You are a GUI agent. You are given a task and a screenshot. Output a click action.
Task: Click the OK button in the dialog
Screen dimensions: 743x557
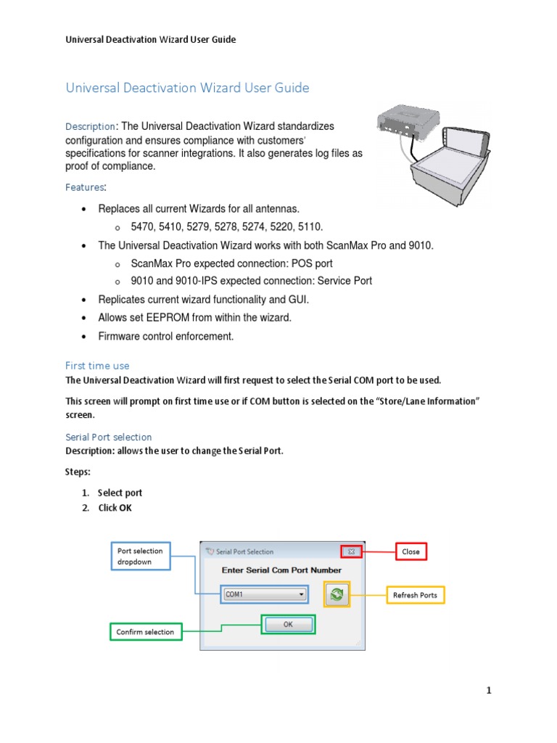[x=288, y=624]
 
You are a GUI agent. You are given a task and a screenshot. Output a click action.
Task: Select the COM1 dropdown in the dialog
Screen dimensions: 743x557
[x=265, y=594]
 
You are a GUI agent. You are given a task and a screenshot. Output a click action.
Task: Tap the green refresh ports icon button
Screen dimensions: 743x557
[x=337, y=594]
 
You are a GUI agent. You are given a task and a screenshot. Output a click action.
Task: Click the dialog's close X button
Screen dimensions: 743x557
[x=351, y=551]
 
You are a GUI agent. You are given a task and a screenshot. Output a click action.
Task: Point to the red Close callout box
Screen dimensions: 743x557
[x=410, y=551]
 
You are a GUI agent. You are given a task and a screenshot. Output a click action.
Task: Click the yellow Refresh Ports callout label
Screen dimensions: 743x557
[x=415, y=595]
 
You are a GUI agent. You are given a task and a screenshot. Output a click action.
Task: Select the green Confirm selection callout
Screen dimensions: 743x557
[x=145, y=632]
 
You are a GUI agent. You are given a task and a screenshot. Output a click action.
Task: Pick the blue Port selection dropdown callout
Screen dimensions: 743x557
[x=141, y=557]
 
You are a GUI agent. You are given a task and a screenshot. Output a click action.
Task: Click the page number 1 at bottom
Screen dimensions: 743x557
[x=489, y=691]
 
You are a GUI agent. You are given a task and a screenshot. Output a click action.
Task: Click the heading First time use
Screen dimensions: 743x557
[x=97, y=366]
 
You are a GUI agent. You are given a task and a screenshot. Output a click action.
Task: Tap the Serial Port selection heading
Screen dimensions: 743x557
[x=108, y=437]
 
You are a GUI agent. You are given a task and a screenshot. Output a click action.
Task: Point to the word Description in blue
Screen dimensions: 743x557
[x=90, y=127]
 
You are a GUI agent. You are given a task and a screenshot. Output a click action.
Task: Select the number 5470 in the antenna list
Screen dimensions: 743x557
[x=142, y=227]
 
